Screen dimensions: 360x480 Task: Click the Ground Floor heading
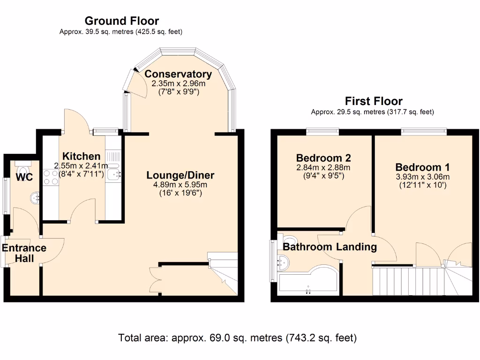click(121, 21)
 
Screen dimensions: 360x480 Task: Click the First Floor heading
click(374, 101)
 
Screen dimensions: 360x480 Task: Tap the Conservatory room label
click(178, 74)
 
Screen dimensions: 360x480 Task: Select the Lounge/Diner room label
click(180, 175)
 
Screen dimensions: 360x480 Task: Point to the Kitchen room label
click(82, 157)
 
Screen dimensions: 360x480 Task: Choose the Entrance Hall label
click(24, 253)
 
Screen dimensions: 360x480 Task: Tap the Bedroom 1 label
click(422, 167)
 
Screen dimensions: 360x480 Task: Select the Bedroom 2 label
click(323, 158)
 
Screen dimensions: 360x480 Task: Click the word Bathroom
click(304, 247)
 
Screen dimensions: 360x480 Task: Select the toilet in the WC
click(22, 166)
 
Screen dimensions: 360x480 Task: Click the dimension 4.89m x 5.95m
click(180, 185)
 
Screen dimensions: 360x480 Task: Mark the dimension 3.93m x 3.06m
click(422, 177)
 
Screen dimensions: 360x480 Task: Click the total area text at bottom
click(238, 337)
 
